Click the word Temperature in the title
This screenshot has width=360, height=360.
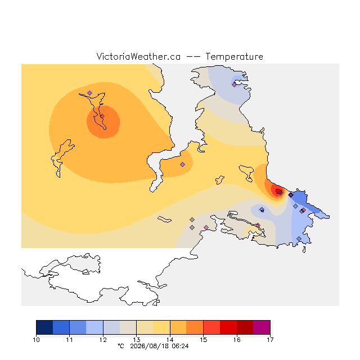coord(234,57)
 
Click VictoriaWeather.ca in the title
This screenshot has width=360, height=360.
coord(138,57)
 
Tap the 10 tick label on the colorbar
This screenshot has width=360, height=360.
coord(36,340)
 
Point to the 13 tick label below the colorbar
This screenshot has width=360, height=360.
coord(136,340)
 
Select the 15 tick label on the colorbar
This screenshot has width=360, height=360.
coord(203,340)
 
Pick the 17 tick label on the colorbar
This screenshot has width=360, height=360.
coord(270,340)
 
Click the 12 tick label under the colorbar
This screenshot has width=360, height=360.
coord(103,340)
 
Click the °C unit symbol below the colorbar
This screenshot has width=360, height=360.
coord(121,346)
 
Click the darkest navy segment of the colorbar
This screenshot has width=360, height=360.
coord(44,327)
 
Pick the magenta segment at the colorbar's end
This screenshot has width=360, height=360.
coord(262,327)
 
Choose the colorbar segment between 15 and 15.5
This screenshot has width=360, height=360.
coord(211,327)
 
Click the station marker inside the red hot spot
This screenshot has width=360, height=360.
coord(280,192)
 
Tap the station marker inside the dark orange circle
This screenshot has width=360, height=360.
coord(102,116)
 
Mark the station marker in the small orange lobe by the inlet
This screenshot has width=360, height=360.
coord(182,164)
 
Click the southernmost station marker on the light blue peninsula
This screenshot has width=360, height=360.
coord(299,238)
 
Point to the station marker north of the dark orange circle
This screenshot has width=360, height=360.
coord(90,93)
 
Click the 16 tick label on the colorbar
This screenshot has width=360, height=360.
coord(237,340)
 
